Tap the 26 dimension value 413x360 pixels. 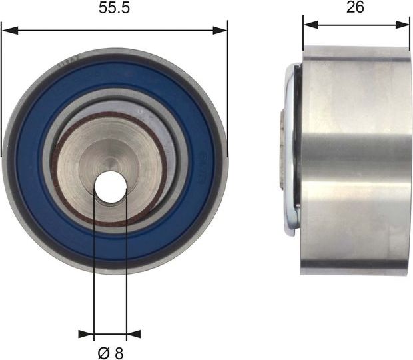[356, 8]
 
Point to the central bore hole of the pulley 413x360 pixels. [110, 186]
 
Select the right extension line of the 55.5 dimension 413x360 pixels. [228, 87]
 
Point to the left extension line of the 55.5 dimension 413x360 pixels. [1, 87]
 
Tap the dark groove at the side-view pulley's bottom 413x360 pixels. [353, 270]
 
